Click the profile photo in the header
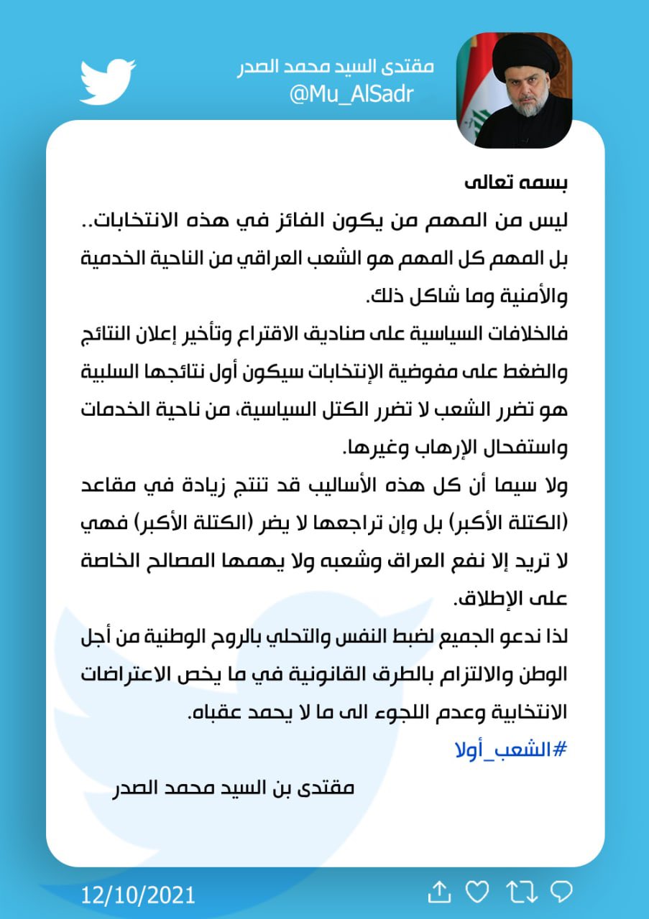[x=515, y=90]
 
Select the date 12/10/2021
[x=138, y=895]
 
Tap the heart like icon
[x=477, y=892]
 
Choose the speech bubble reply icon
[x=560, y=892]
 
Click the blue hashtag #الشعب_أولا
[x=512, y=750]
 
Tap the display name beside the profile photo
[x=336, y=67]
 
